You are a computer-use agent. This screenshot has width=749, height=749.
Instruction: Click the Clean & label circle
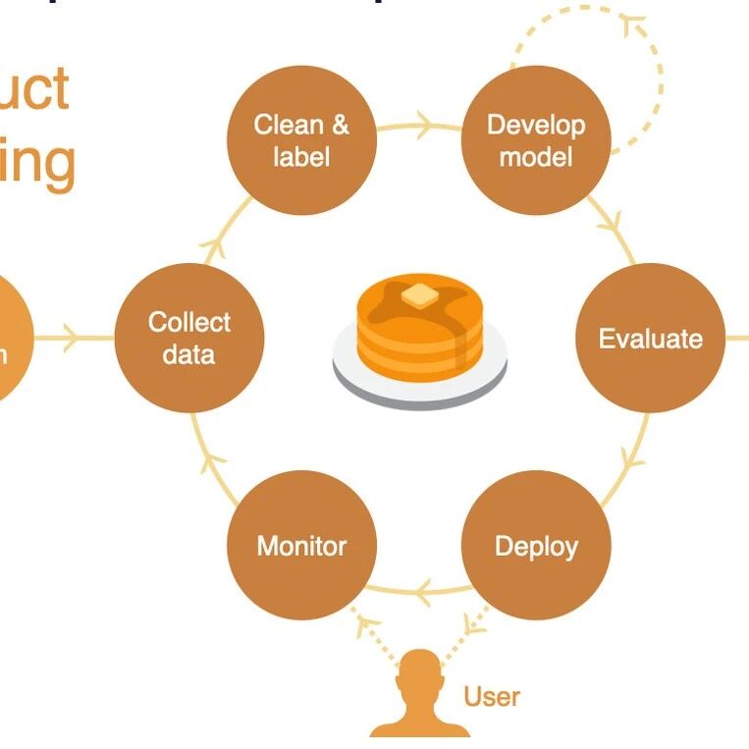(x=301, y=140)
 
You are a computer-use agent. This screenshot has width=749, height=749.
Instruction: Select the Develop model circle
(x=536, y=140)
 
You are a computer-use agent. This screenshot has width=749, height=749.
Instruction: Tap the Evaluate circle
(x=650, y=339)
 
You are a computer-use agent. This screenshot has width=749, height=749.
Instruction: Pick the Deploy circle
(x=536, y=546)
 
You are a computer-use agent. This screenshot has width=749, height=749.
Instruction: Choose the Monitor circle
(x=301, y=546)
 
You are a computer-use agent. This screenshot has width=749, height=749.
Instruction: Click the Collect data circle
(x=188, y=339)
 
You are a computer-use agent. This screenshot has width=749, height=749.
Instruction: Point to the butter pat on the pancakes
(x=419, y=294)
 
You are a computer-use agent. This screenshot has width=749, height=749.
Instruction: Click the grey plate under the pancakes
(x=420, y=386)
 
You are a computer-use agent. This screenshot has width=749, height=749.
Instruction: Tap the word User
(x=492, y=697)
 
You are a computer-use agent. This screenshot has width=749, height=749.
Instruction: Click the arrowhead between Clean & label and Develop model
(x=424, y=125)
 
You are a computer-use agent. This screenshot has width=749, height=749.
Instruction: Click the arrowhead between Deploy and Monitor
(x=423, y=591)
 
